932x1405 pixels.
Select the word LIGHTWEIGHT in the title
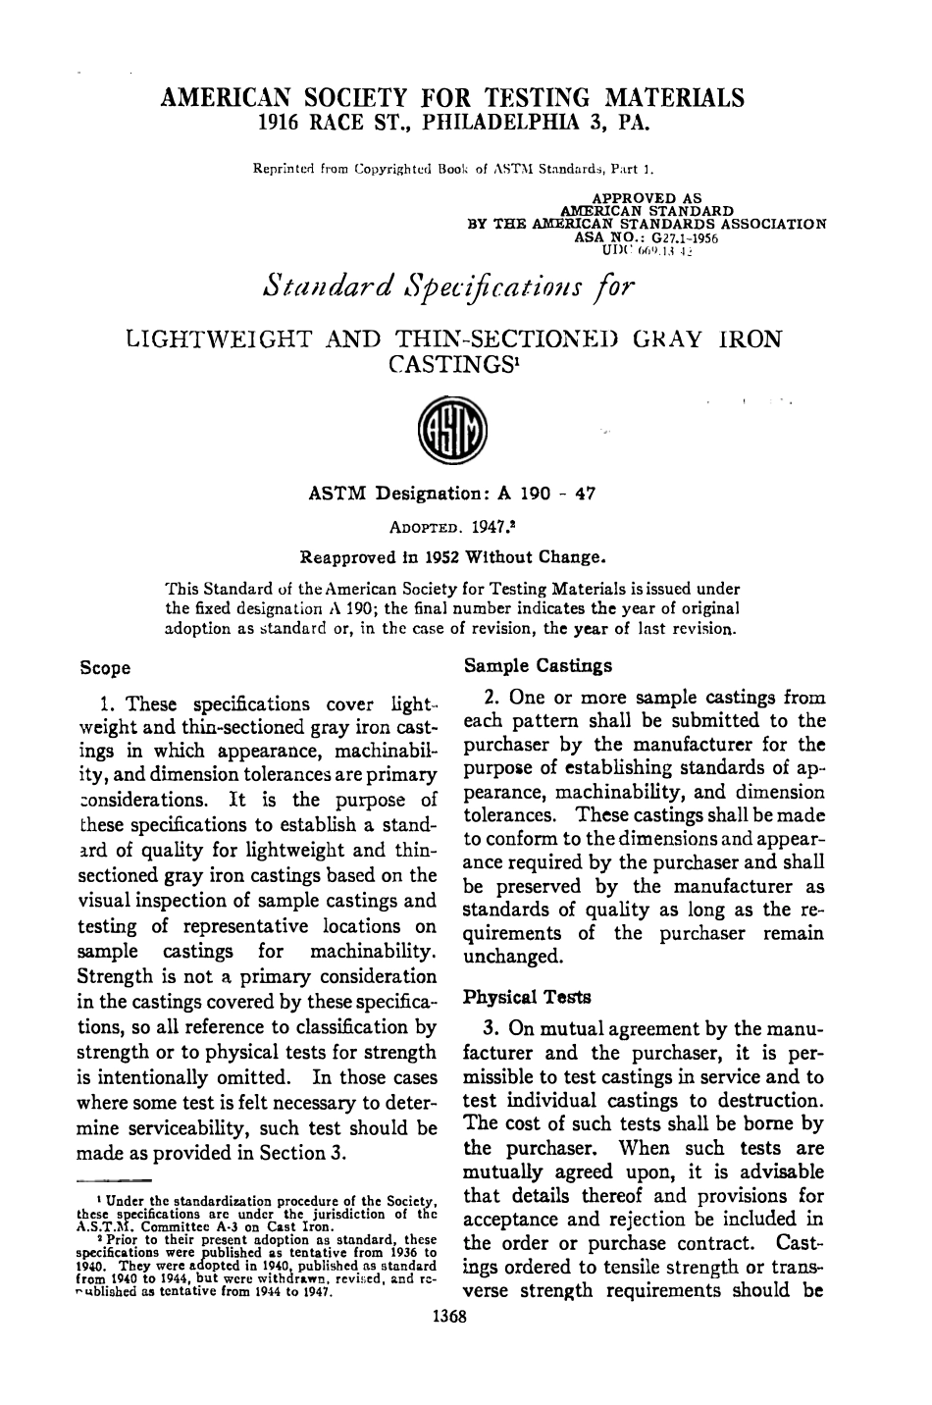click(x=219, y=339)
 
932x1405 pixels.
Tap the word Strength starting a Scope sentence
click(x=115, y=977)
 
